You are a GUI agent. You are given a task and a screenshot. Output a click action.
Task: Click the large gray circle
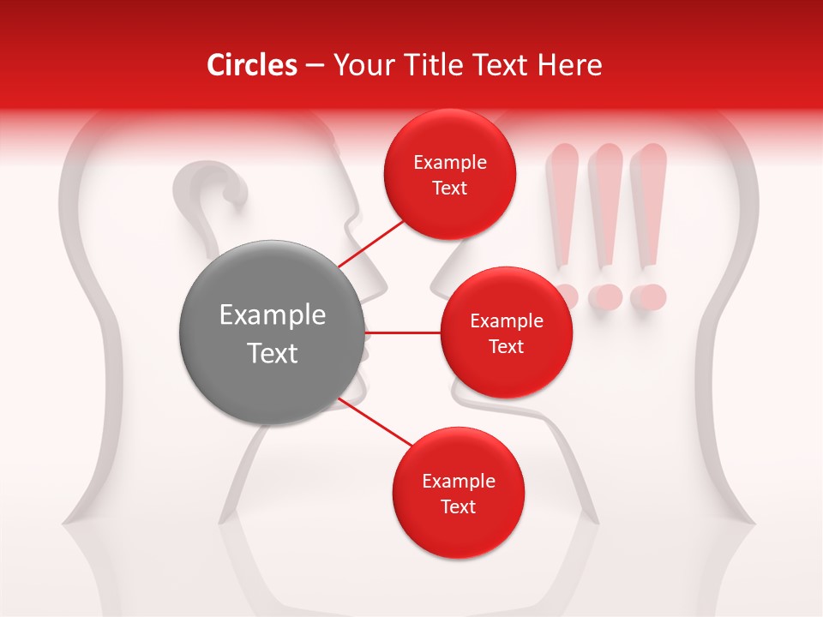[272, 332]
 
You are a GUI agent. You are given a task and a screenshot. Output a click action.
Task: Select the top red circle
[449, 175]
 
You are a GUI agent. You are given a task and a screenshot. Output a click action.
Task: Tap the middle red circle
[506, 332]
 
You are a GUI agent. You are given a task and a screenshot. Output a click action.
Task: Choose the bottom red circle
[458, 493]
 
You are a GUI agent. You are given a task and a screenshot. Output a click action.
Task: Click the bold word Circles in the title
[251, 65]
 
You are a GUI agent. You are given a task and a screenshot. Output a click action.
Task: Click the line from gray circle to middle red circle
[402, 332]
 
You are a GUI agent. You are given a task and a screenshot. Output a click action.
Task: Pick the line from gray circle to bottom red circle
[375, 424]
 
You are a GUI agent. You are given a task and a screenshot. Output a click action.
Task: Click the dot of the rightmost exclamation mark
[648, 297]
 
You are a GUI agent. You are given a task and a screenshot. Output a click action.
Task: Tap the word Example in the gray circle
[272, 315]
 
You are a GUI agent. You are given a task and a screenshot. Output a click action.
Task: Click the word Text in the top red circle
[449, 189]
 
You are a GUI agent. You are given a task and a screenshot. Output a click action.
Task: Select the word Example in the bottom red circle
[458, 482]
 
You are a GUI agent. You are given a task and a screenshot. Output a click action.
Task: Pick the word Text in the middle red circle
[506, 347]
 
